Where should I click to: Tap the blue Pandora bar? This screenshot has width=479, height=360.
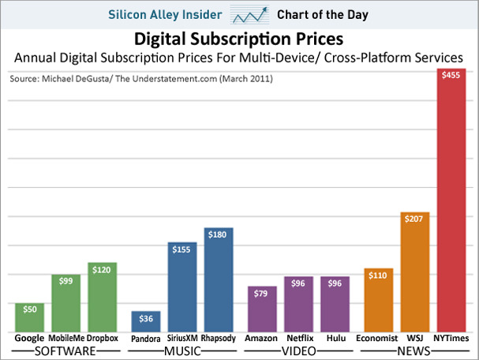pos(146,321)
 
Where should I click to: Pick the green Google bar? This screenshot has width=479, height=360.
pos(30,317)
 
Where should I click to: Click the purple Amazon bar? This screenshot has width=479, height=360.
pos(261,309)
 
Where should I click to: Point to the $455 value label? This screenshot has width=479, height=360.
pos(454,76)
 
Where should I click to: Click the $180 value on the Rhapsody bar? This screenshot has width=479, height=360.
pos(218,234)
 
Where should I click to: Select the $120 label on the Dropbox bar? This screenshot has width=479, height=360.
pos(102,269)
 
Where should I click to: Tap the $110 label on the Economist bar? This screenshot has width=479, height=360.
pos(380,276)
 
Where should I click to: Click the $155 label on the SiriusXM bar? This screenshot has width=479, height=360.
pos(181,249)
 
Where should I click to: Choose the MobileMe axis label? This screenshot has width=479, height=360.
pos(66,338)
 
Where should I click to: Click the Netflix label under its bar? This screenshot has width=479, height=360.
pos(299,338)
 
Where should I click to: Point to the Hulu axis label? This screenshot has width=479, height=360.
pos(336,338)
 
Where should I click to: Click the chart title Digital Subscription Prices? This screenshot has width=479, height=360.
pos(239,39)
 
